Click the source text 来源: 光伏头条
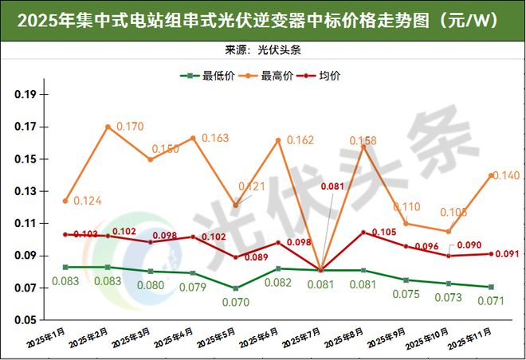(263, 49)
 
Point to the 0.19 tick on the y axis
(26, 95)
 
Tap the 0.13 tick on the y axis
(26, 192)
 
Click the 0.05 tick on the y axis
(26, 320)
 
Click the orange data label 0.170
(130, 127)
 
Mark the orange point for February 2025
(108, 127)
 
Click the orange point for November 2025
(491, 175)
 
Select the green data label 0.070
(237, 303)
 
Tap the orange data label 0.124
(88, 201)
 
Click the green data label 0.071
(492, 301)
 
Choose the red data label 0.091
(506, 255)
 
